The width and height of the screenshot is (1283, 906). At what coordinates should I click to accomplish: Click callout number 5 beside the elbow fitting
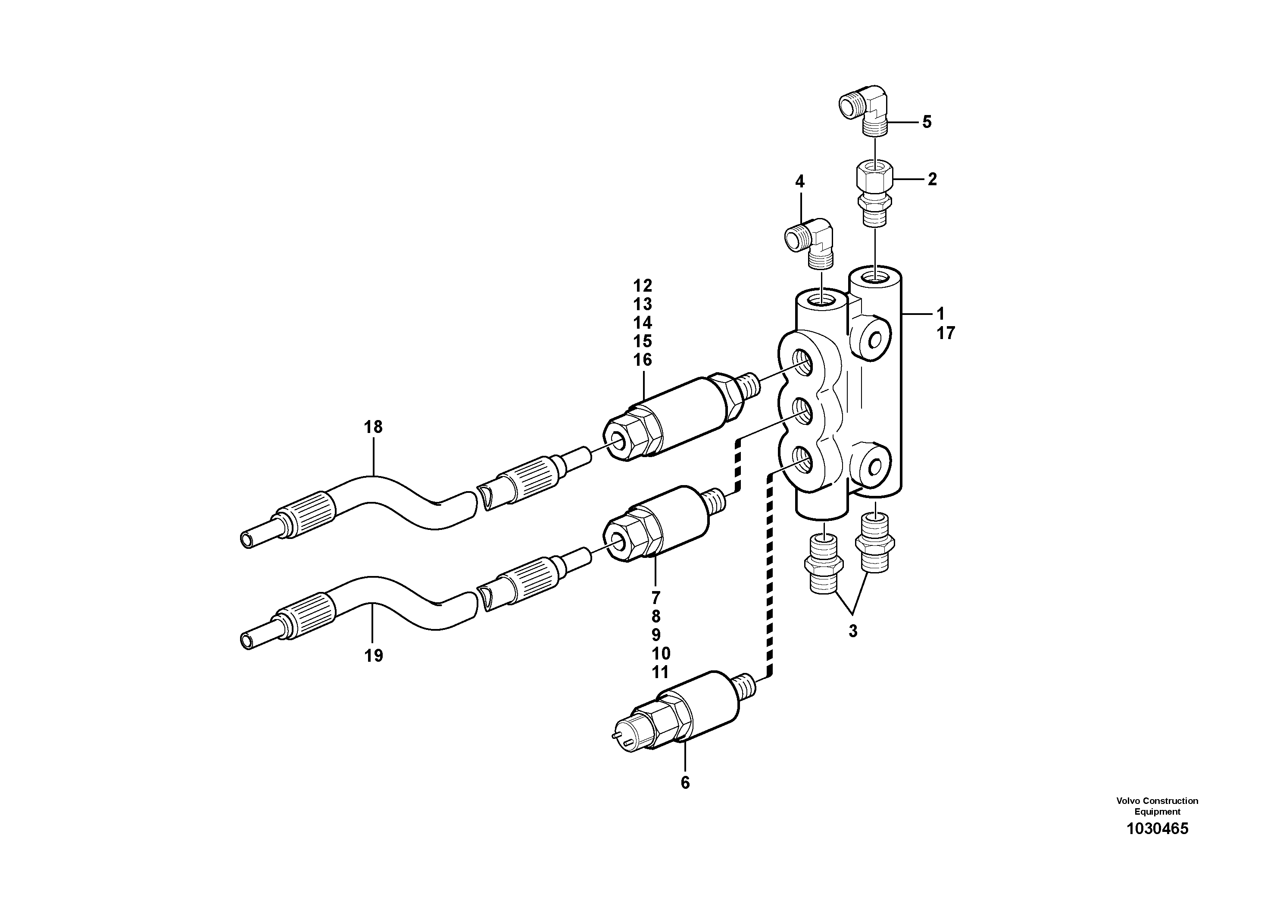tap(927, 122)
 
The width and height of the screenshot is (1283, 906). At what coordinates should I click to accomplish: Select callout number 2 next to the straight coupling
tap(931, 179)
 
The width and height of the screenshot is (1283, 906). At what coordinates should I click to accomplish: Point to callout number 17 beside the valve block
tap(946, 333)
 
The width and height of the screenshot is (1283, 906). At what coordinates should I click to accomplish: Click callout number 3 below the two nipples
tap(853, 631)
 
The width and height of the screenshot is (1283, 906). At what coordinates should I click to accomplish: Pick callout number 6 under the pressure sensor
tap(685, 783)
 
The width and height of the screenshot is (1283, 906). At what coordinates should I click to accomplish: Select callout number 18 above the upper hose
tap(373, 427)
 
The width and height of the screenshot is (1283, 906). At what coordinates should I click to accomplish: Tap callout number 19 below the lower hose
tap(373, 656)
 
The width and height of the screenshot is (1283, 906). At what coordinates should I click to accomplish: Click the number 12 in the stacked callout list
tap(643, 286)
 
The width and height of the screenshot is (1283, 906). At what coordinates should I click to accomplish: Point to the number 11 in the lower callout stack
tap(661, 672)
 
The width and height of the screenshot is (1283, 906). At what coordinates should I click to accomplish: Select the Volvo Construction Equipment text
tap(1157, 806)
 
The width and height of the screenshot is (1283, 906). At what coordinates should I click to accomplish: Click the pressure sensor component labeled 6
tap(682, 713)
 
